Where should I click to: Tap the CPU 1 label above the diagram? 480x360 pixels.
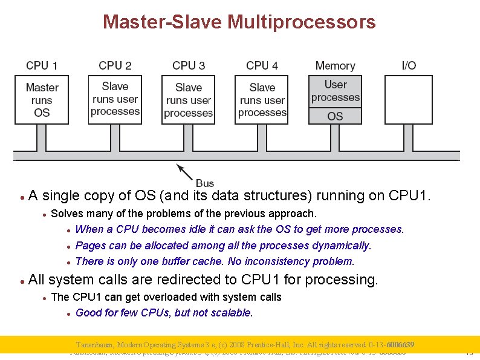tap(42, 65)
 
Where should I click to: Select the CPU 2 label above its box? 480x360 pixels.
tap(115, 65)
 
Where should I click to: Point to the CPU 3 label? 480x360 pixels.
tap(189, 65)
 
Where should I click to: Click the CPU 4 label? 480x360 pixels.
tap(262, 65)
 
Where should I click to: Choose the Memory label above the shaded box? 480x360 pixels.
tap(335, 65)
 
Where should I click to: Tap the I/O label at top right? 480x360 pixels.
tap(409, 65)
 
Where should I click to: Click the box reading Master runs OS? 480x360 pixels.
tap(42, 100)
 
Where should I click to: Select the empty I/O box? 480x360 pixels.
tap(409, 99)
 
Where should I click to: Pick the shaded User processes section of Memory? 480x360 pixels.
tap(335, 91)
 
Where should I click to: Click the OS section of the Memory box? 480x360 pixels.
tap(335, 116)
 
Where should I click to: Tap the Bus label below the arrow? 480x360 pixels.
tap(205, 183)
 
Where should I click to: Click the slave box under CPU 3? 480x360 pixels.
tap(189, 100)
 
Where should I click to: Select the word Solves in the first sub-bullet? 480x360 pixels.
tap(66, 214)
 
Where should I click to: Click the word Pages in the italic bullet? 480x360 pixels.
tap(91, 246)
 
